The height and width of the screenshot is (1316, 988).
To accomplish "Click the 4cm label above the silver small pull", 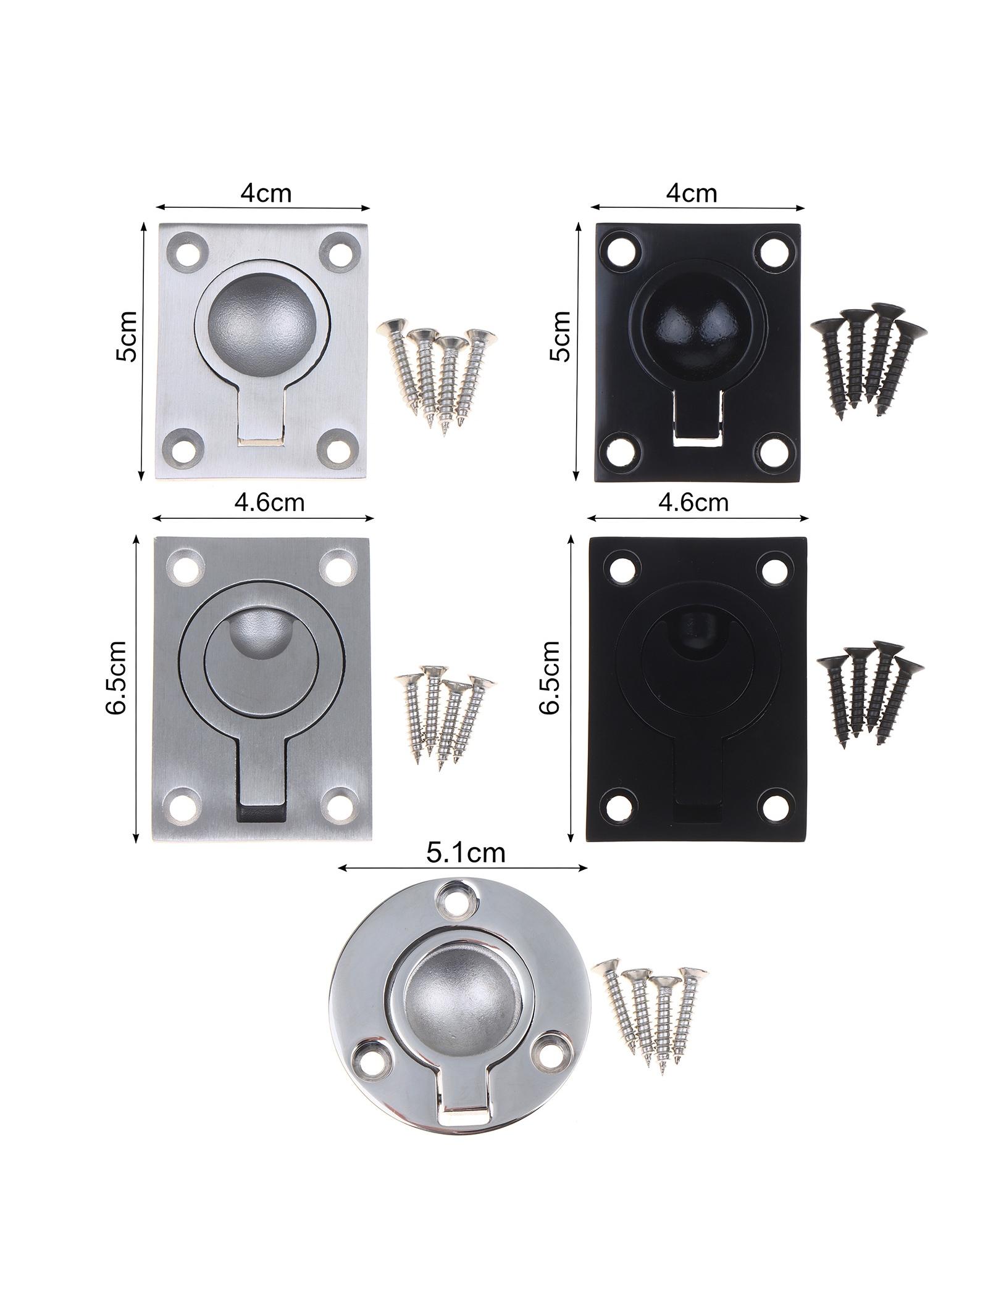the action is pyautogui.click(x=266, y=193).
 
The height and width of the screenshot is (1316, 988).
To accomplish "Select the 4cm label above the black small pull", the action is pyautogui.click(x=692, y=193).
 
